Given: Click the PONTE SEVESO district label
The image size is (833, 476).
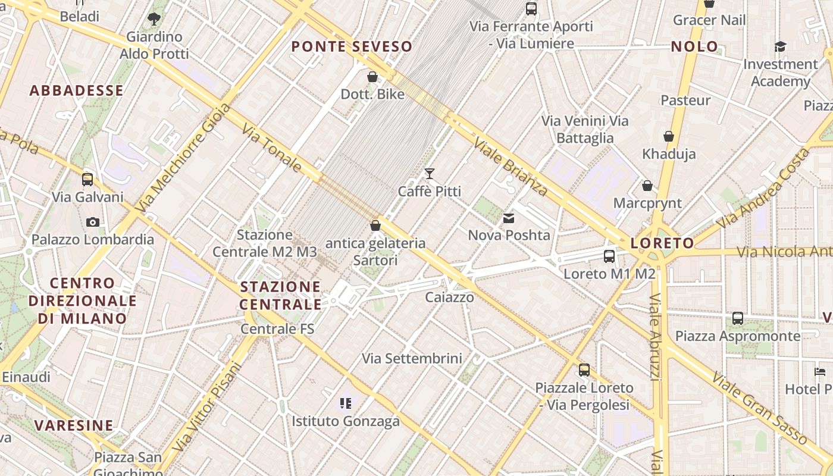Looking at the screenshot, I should pyautogui.click(x=352, y=46).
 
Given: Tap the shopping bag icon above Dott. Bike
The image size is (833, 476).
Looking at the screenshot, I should pyautogui.click(x=372, y=77).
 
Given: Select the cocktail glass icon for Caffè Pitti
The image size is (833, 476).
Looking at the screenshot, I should pyautogui.click(x=430, y=174).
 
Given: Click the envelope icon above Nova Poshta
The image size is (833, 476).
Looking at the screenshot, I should pyautogui.click(x=509, y=218).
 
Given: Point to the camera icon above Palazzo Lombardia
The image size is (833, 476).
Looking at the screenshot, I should pyautogui.click(x=93, y=223).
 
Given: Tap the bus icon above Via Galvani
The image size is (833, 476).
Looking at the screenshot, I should pyautogui.click(x=87, y=179).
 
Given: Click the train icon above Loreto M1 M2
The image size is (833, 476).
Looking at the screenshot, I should pyautogui.click(x=609, y=256).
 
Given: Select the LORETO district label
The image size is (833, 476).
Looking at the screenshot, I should pyautogui.click(x=662, y=243).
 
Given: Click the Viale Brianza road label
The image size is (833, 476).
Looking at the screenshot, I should pyautogui.click(x=511, y=167).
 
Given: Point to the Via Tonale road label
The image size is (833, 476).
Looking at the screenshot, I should pyautogui.click(x=272, y=147).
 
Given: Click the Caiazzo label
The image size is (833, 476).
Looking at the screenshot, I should pyautogui.click(x=450, y=297).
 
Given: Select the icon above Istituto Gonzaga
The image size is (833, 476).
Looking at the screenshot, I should pyautogui.click(x=346, y=403).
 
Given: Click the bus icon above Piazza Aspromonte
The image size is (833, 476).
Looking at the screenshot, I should pyautogui.click(x=738, y=318).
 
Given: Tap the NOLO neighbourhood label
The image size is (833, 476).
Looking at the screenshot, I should pyautogui.click(x=694, y=46).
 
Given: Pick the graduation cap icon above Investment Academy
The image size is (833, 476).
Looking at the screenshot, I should pyautogui.click(x=780, y=46).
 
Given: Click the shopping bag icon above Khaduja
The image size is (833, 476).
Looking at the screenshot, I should pyautogui.click(x=669, y=136).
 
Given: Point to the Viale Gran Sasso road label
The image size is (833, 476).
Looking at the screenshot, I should pyautogui.click(x=760, y=409).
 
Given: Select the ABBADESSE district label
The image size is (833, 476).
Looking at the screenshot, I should pyautogui.click(x=77, y=90).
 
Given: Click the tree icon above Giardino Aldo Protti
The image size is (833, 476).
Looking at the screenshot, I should pyautogui.click(x=154, y=19).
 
